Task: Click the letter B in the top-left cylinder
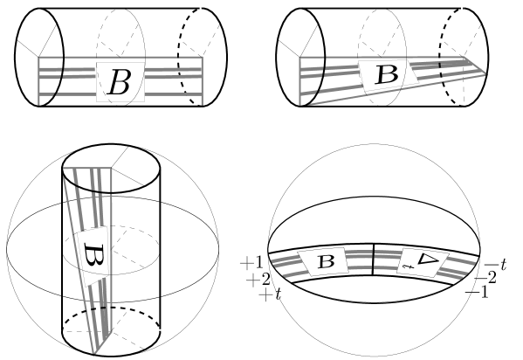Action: tap(119, 82)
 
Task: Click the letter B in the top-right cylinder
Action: tap(387, 74)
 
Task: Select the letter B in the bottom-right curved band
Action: tap(327, 261)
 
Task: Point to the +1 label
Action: tap(251, 264)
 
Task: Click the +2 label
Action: tap(258, 280)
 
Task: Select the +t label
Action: tap(270, 295)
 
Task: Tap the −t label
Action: tap(495, 265)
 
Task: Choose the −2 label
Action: tap(485, 278)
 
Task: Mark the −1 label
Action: tap(477, 293)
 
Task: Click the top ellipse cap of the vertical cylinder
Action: tap(111, 144)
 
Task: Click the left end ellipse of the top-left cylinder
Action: tap(15, 57)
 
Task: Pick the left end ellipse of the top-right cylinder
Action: tap(277, 57)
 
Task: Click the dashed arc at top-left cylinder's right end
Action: tap(178, 57)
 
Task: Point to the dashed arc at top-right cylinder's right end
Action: tap(440, 57)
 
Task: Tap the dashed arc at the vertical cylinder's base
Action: tap(111, 308)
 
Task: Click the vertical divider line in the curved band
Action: tap(373, 260)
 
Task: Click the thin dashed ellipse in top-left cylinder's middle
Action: tap(96, 57)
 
